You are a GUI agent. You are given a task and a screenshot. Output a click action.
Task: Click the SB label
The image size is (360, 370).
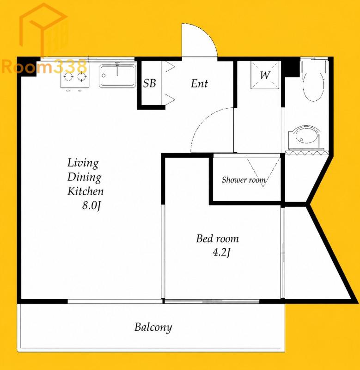click(149, 83)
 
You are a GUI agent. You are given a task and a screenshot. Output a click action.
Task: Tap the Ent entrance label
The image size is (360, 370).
click(199, 84)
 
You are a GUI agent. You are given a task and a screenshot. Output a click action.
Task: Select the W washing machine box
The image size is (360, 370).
click(265, 75)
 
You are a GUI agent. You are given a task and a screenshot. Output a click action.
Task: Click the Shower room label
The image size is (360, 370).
click(244, 180)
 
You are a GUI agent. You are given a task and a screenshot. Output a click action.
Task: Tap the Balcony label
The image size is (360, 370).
click(153, 327)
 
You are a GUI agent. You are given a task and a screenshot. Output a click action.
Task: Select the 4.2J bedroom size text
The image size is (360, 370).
click(221, 253)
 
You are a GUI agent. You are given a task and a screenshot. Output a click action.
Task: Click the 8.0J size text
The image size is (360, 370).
click(92, 206)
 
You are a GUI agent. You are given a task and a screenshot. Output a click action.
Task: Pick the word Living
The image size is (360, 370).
click(83, 163)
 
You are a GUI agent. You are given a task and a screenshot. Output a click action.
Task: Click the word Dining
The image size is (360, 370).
click(85, 177)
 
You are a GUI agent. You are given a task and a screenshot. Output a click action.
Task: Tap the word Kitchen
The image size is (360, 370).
click(85, 191)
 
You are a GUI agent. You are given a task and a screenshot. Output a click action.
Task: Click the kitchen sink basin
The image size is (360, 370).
click(117, 76)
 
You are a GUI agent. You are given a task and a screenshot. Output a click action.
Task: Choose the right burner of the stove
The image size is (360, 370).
click(82, 77)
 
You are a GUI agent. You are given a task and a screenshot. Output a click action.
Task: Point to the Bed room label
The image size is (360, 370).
click(217, 239)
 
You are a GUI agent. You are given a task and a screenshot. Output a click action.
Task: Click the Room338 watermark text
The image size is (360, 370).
click(45, 66)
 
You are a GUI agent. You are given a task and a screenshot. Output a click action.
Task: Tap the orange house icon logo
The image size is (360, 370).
click(44, 30)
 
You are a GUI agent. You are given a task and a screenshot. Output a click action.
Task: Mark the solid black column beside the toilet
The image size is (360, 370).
click(292, 67)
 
